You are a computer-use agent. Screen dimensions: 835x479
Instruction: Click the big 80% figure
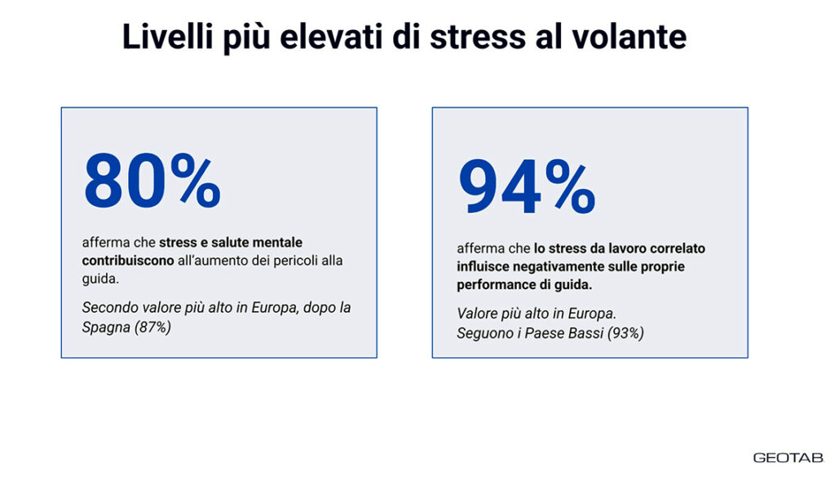[152, 181]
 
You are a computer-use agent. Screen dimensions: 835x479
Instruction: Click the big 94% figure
[527, 187]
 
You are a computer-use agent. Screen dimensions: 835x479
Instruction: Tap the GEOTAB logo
[789, 458]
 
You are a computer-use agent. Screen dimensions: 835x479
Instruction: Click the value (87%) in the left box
[152, 327]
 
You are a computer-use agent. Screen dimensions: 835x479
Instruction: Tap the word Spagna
[106, 327]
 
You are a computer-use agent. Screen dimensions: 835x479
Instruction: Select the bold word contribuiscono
[128, 260]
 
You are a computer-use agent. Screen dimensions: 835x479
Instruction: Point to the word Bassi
[585, 333]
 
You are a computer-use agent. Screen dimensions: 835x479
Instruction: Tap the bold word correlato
[678, 248]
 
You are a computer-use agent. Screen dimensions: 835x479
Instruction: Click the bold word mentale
[277, 242]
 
